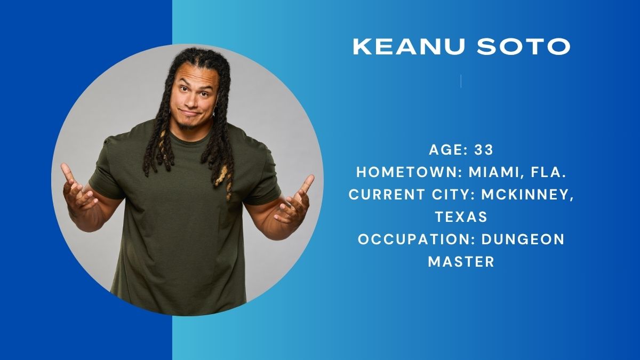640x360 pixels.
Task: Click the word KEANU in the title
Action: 409,46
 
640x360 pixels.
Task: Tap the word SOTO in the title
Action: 524,46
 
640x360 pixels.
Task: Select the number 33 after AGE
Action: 484,150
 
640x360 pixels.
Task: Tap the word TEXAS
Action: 461,217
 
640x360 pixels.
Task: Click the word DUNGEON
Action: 523,239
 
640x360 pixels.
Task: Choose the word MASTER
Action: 461,261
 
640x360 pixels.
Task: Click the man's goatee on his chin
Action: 187,125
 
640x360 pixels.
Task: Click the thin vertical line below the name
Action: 461,81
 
